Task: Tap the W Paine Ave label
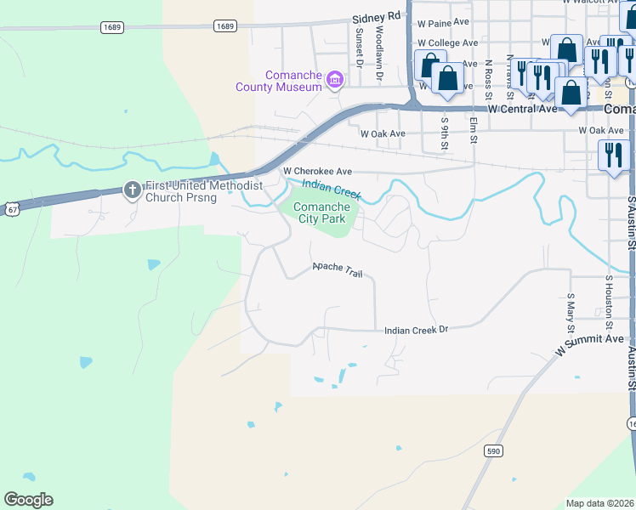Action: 445,22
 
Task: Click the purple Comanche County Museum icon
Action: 335,81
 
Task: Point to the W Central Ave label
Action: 522,109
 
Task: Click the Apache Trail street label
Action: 338,269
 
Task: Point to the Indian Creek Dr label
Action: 416,329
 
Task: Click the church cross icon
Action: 132,190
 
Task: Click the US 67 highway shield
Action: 10,207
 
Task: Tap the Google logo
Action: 28,500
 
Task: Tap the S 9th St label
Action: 444,133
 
